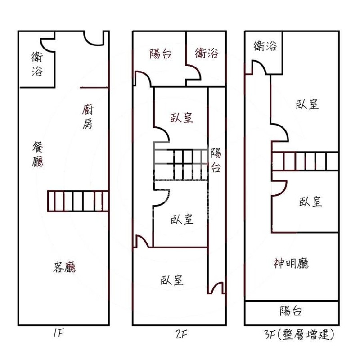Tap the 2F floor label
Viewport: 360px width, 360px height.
(182, 334)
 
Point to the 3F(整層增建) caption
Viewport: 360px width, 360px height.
(299, 335)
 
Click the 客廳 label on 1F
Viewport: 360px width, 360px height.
(64, 268)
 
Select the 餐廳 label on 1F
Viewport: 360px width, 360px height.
(38, 154)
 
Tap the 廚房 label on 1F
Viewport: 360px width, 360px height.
(88, 117)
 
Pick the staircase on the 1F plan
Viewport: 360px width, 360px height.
(78, 201)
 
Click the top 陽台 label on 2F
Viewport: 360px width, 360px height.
(161, 54)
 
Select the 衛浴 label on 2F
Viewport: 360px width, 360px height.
(207, 53)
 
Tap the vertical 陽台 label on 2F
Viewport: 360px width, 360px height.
(216, 161)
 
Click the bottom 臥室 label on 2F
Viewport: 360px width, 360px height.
(172, 280)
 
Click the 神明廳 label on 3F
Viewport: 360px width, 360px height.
(291, 263)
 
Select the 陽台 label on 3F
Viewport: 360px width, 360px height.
(291, 311)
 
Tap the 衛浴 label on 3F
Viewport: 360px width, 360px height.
(265, 46)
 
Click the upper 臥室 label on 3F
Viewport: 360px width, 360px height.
(308, 104)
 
